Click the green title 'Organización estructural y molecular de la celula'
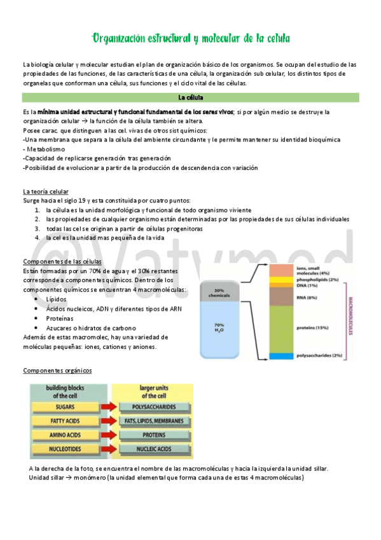(x=191, y=39)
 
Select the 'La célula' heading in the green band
(x=190, y=97)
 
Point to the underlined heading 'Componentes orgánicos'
(x=57, y=371)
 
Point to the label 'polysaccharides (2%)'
(x=337, y=355)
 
